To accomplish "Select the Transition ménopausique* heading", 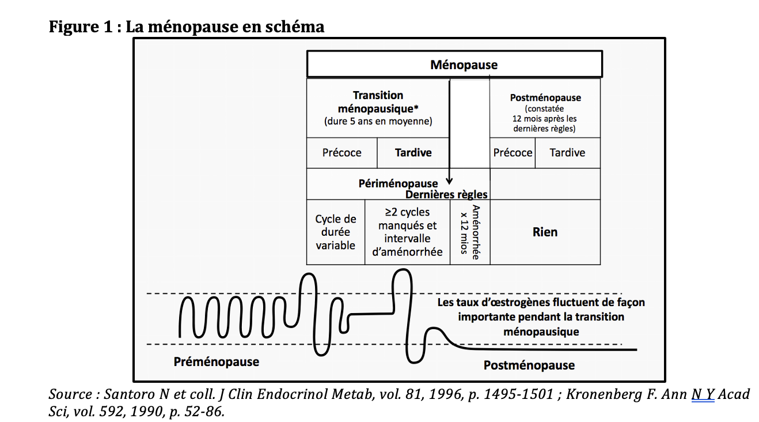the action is (x=378, y=101).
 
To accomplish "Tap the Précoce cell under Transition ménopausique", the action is (x=341, y=153).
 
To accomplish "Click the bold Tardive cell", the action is (x=413, y=153).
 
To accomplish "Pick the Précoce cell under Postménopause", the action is (x=513, y=153).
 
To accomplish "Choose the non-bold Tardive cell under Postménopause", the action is (x=567, y=153).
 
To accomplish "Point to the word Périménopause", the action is (x=398, y=184).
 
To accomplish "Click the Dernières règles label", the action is (x=446, y=194).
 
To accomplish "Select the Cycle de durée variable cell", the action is (x=335, y=232).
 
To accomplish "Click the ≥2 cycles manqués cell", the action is (x=407, y=232).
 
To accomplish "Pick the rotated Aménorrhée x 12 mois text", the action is (x=470, y=232).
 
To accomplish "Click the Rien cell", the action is (x=545, y=232).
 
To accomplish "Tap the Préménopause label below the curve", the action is (x=216, y=361).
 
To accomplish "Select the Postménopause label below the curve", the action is (x=529, y=365).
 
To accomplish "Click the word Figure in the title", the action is (x=72, y=27).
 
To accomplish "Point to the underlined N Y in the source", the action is (x=703, y=394).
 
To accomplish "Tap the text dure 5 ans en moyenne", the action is (x=378, y=122).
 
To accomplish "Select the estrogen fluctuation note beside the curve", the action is (x=541, y=316).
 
